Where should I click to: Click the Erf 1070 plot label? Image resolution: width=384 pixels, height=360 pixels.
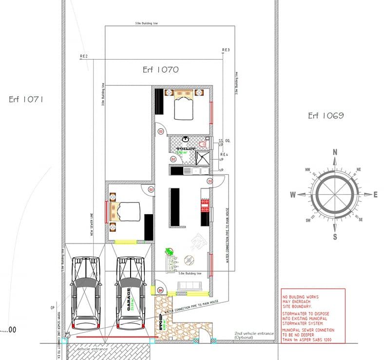click(x=160, y=70)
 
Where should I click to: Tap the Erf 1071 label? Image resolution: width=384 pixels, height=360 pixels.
click(x=26, y=99)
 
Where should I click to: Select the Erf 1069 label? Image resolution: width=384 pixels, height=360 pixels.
click(x=326, y=116)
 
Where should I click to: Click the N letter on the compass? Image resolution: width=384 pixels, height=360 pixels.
click(x=335, y=152)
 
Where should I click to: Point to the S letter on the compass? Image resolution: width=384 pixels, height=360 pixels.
click(x=335, y=237)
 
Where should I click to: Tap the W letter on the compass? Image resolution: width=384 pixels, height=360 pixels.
click(x=293, y=195)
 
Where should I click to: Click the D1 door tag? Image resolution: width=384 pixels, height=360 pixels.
click(x=160, y=291)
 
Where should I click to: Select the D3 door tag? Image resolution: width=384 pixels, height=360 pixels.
click(x=210, y=181)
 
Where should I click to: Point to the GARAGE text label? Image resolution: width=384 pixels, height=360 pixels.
click(x=129, y=299)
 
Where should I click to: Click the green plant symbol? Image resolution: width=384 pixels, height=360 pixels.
click(x=169, y=252)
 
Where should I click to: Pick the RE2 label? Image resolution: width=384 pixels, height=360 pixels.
click(x=84, y=57)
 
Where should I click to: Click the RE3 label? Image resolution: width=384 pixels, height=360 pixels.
click(x=225, y=50)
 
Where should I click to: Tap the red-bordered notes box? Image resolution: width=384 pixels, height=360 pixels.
click(x=313, y=316)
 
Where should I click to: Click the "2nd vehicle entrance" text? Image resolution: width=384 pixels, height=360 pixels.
click(x=254, y=334)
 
